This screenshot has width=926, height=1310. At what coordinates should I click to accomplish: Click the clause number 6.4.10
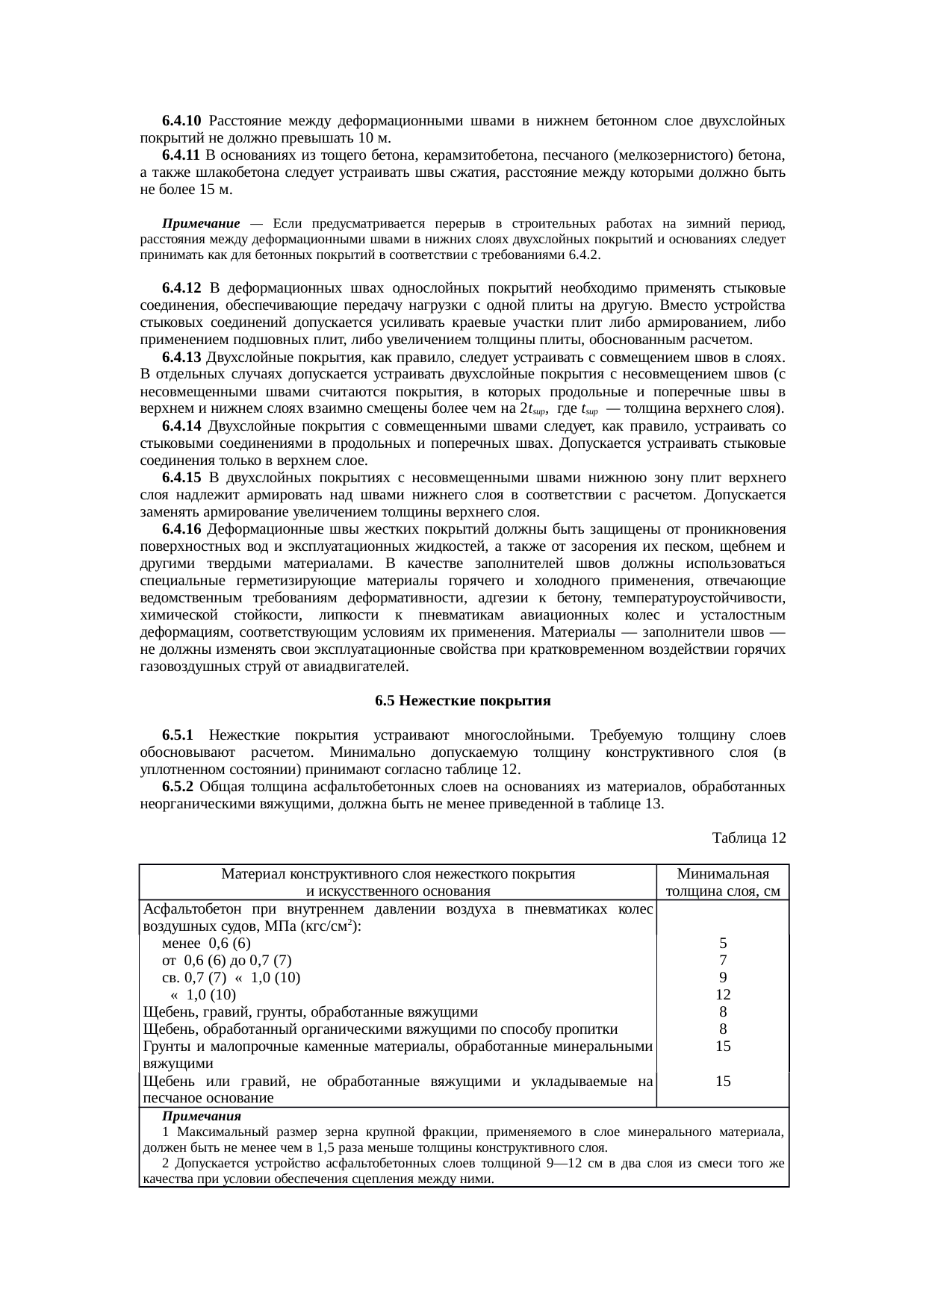[181, 121]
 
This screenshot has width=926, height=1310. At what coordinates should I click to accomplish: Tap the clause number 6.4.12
[181, 288]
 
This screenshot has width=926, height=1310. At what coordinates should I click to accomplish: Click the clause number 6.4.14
[181, 426]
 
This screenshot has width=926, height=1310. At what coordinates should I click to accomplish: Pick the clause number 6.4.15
[181, 478]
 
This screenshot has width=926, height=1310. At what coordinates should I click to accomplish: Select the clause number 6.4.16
[181, 529]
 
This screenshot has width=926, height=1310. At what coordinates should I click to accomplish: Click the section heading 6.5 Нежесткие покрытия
[462, 701]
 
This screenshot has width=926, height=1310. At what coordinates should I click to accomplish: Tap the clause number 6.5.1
[178, 735]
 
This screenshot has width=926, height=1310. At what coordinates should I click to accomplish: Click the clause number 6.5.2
[178, 787]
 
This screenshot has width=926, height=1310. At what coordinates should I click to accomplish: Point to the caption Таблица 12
[749, 838]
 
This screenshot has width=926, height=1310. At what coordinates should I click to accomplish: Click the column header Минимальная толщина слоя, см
[722, 882]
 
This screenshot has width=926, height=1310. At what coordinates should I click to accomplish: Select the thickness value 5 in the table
[722, 943]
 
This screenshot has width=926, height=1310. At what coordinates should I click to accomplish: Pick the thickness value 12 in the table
[722, 995]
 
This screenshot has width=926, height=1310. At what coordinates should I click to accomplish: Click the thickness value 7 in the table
[722, 961]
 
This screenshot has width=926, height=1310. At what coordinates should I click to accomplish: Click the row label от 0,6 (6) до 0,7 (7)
[226, 961]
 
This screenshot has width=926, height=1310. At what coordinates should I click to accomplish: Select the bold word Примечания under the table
[202, 1117]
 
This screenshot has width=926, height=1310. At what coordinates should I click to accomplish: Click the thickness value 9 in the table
[722, 978]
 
